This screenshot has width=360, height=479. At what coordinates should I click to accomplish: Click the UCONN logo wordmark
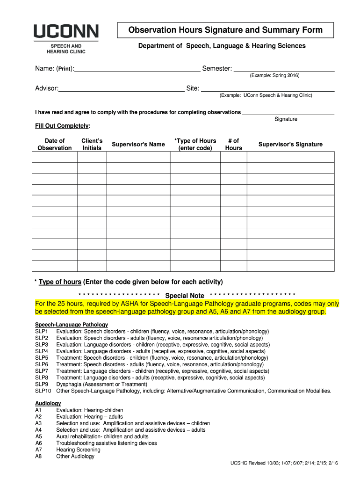(x=65, y=32)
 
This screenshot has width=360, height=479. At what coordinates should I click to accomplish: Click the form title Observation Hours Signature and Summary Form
(x=225, y=30)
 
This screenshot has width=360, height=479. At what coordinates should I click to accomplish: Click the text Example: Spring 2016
(x=274, y=75)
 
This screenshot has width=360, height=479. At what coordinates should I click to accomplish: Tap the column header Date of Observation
(x=54, y=144)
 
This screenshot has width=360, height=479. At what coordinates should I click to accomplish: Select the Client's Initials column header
(x=92, y=144)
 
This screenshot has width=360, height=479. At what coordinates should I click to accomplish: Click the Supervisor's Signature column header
(x=290, y=144)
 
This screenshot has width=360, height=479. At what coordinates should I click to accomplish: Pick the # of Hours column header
(x=233, y=144)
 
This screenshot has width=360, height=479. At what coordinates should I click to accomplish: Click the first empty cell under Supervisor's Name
(x=138, y=157)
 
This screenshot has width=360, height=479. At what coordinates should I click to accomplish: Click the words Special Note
(x=185, y=296)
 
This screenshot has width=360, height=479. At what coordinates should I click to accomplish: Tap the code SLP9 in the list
(x=41, y=384)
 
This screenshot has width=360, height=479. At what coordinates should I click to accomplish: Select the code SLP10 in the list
(x=43, y=391)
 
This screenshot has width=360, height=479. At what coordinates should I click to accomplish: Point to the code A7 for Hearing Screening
(x=38, y=450)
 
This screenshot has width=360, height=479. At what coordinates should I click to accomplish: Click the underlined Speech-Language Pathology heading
(x=72, y=325)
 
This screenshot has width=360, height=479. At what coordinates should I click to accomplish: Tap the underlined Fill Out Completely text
(x=63, y=126)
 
